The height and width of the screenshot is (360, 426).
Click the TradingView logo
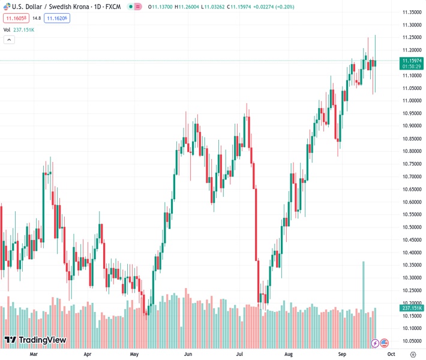coord(35,340)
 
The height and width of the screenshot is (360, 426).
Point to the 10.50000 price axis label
coord(411,227)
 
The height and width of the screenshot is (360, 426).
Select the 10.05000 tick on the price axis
coord(411,340)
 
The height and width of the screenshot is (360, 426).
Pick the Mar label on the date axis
coord(34,354)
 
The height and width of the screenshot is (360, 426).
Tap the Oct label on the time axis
coord(383,354)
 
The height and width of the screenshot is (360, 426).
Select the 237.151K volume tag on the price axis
coord(411,308)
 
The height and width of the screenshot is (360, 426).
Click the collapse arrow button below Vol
coord(9,40)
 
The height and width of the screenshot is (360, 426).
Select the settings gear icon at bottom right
coord(413,354)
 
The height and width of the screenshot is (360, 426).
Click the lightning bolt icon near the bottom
coord(375,343)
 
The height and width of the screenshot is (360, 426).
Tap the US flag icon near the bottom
coord(385,343)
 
